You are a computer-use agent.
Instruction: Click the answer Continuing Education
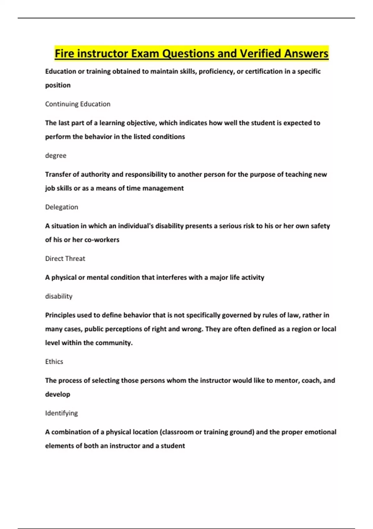78,104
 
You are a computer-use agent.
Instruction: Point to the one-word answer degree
56,156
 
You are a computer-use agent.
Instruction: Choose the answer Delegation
62,207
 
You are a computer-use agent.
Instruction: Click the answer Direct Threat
65,259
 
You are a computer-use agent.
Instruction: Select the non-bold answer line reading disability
59,296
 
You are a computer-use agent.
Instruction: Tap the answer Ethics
54,362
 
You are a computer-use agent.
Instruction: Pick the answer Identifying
62,413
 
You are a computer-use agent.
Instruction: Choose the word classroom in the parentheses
177,432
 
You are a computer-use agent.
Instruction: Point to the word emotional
320,432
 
